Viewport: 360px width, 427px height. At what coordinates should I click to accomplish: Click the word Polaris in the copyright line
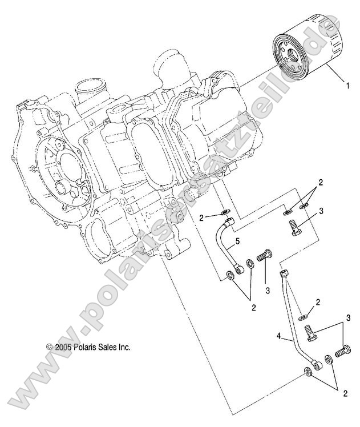click(x=86, y=347)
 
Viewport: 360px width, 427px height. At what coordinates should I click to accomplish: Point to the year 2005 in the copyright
click(x=60, y=347)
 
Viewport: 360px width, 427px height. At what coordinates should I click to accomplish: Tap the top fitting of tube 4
click(x=284, y=274)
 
